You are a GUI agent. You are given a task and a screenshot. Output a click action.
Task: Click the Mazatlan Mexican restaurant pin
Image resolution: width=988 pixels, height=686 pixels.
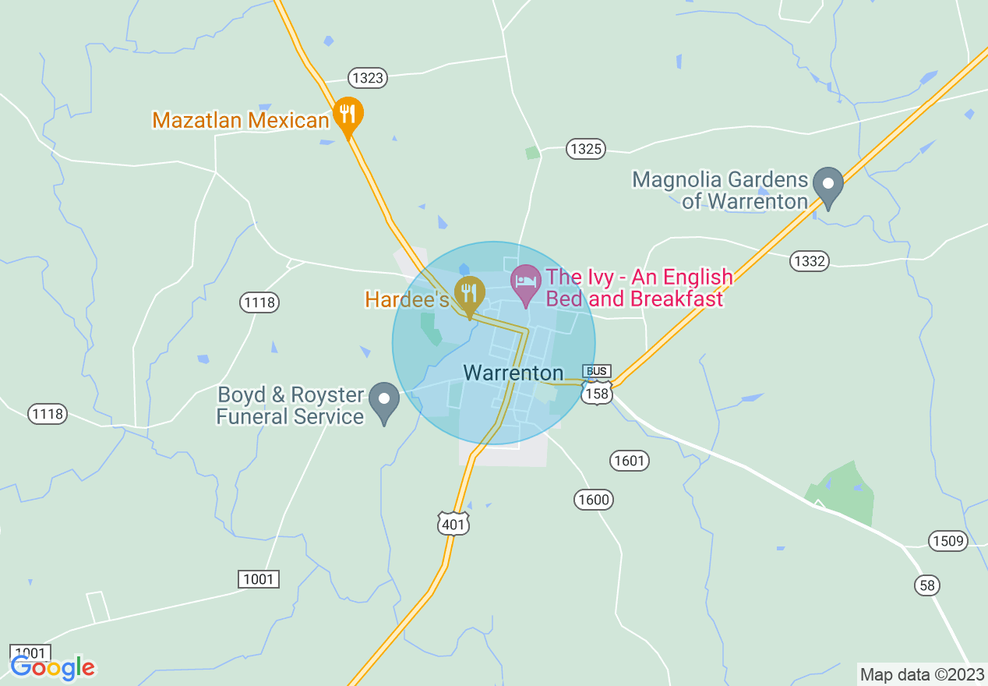pos(348,115)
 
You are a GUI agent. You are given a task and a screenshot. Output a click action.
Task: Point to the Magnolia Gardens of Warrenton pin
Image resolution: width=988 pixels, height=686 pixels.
pos(828,186)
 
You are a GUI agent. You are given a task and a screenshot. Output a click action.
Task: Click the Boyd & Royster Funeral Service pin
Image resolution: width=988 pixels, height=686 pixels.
pos(384,401)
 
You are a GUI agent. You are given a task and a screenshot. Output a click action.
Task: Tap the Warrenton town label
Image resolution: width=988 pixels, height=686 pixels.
pos(513,373)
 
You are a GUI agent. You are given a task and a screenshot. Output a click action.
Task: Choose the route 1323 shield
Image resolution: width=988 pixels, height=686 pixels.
pos(367,77)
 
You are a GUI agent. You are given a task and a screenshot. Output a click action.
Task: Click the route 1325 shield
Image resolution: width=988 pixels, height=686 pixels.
pos(586,149)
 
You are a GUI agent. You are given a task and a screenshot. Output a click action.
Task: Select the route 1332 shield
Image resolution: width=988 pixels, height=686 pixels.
pos(809,261)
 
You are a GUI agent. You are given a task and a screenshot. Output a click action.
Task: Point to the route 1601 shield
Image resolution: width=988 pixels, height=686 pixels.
pos(629,461)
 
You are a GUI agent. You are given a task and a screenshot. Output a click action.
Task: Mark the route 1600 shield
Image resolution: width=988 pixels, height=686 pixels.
pos(594,499)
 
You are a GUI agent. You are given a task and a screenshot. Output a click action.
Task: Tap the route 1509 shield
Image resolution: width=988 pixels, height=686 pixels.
pos(947,541)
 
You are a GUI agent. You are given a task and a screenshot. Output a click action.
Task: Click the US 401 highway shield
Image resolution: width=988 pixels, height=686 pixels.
pos(453,523)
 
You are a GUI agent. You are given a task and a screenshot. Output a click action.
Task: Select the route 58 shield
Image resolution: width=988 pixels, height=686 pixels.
pos(927,585)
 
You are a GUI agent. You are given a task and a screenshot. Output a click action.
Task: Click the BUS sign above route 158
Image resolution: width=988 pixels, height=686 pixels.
pos(597,371)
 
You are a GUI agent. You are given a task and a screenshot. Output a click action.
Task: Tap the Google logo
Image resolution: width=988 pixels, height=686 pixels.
pos(52,667)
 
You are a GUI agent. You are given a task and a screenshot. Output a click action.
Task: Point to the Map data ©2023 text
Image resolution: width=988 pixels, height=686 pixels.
pos(922,674)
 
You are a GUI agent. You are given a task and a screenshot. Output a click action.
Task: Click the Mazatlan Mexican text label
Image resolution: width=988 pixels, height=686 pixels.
pos(241,120)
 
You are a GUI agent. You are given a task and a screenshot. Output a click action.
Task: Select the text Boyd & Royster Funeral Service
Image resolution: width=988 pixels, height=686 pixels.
pos(290,405)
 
